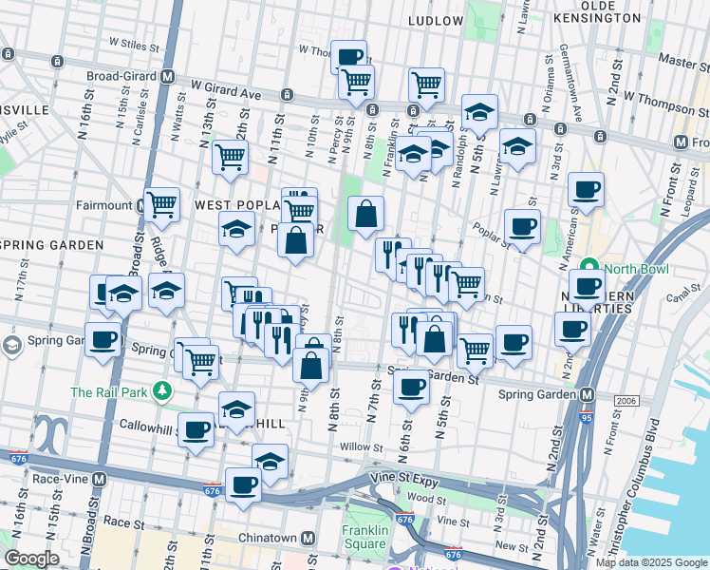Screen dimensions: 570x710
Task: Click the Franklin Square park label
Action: (x=365, y=538)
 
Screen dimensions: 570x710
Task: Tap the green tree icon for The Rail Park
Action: (x=163, y=390)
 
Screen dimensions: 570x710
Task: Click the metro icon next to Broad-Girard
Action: (x=168, y=77)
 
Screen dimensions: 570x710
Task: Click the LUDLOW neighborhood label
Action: (x=435, y=20)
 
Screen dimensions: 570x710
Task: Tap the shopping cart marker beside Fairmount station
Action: (x=162, y=203)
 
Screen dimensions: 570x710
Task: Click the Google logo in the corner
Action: (x=31, y=559)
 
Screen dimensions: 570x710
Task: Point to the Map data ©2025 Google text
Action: (x=651, y=562)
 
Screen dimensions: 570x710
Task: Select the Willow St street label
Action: (x=359, y=446)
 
